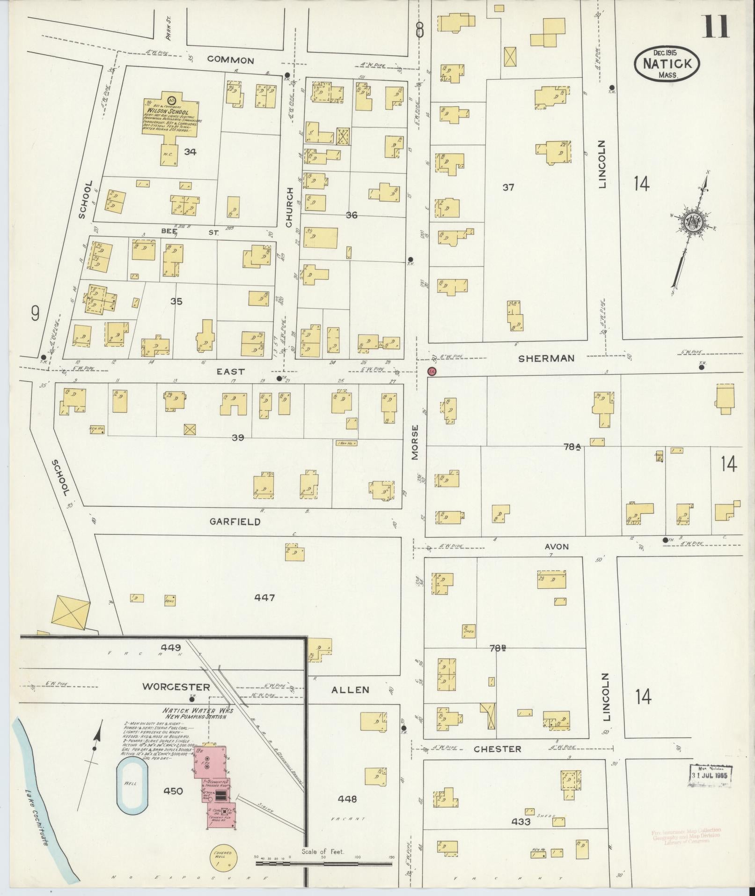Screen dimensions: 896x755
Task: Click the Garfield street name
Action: [x=235, y=522]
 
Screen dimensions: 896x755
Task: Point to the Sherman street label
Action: [x=546, y=358]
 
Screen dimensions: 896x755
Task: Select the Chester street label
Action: [x=497, y=749]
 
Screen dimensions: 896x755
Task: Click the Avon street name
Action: [x=556, y=547]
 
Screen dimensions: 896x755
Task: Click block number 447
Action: [x=264, y=598]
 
